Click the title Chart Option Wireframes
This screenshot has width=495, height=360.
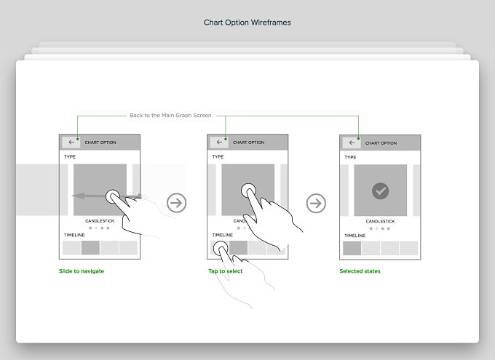247,23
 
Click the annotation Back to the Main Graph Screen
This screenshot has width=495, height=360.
170,116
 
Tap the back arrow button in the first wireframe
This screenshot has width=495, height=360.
71,143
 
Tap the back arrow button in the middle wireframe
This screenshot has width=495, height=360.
219,143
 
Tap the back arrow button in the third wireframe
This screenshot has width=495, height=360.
352,143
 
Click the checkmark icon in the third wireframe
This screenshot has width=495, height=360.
381,191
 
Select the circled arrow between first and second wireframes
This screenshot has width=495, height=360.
176,203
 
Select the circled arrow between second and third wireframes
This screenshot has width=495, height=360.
316,203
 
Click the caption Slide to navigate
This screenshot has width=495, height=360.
82,271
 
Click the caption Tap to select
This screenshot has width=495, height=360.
226,271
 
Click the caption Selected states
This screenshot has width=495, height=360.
360,271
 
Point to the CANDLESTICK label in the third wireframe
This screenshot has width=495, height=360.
381,222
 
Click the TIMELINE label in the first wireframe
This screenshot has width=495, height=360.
74,235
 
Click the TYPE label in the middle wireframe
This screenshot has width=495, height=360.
218,157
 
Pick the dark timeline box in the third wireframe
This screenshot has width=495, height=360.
352,248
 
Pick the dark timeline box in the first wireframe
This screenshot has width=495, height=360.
90,248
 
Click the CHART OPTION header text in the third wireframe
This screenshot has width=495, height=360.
381,143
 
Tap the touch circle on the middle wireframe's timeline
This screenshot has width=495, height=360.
221,249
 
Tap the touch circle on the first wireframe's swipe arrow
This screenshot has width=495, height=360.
113,196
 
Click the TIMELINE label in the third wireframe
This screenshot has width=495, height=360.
355,236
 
